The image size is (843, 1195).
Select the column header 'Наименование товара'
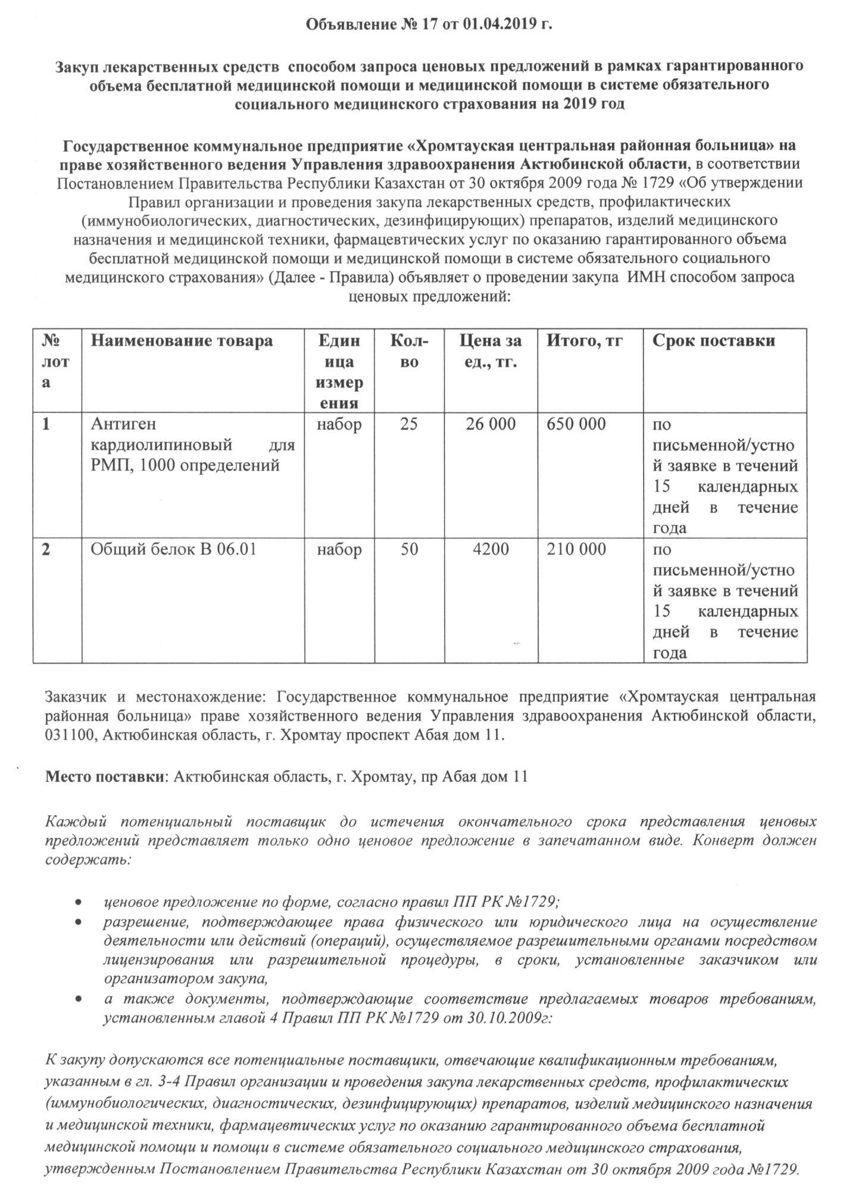tap(182, 341)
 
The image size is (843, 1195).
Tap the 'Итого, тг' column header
tap(585, 341)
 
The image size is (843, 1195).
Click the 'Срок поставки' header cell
tap(714, 341)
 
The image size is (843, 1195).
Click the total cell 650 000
tap(576, 424)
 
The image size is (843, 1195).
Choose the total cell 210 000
tap(576, 549)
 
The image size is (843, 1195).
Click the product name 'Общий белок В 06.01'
tap(173, 549)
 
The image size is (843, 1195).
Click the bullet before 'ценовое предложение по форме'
tap(79, 903)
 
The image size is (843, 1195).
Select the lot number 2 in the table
tap(46, 549)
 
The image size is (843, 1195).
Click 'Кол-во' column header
tap(408, 351)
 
